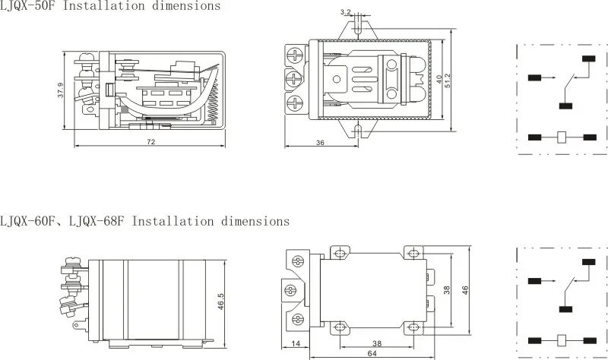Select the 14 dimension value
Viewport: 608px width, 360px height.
[295, 344]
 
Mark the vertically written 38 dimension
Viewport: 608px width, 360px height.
[446, 291]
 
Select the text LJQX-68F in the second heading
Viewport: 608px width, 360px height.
[98, 222]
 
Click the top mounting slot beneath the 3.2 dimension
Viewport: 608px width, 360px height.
[357, 27]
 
